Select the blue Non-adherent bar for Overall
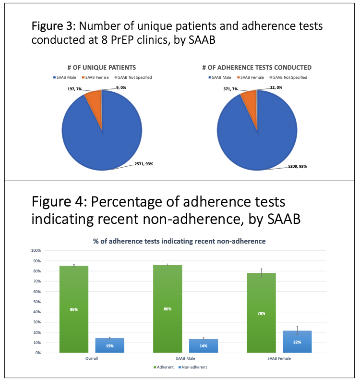pyautogui.click(x=109, y=345)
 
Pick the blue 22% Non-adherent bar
pyautogui.click(x=297, y=342)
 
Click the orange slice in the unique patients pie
pyautogui.click(x=94, y=98)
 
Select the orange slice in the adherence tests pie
pyautogui.click(x=250, y=99)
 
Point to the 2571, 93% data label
pyautogui.click(x=144, y=164)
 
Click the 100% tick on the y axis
pyautogui.click(x=36, y=250)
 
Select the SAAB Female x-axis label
pyautogui.click(x=279, y=358)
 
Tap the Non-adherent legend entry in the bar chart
pyautogui.click(x=194, y=368)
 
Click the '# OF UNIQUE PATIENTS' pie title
pyautogui.click(x=102, y=67)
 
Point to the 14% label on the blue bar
pyautogui.click(x=203, y=346)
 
